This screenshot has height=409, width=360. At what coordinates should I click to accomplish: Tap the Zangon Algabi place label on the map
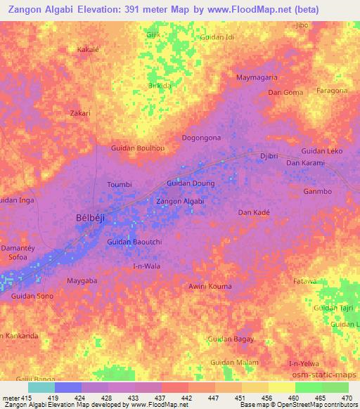tap(180, 202)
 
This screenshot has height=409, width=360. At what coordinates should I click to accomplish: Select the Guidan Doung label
tap(190, 183)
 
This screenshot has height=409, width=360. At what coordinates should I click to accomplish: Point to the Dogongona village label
tap(202, 138)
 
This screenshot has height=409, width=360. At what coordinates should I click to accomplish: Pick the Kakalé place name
tap(88, 51)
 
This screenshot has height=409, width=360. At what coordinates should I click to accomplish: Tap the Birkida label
tap(160, 86)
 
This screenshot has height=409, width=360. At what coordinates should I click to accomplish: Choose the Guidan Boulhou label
tap(138, 148)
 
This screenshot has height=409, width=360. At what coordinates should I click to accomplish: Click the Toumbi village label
tap(120, 185)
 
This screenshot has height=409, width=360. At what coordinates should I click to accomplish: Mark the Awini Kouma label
tap(210, 286)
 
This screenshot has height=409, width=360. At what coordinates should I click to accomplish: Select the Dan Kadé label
tap(254, 212)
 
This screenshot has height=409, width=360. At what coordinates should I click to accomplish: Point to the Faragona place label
tap(332, 91)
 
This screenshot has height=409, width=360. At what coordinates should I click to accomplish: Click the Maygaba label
tap(81, 281)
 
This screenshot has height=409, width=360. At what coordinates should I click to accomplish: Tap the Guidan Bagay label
tap(231, 339)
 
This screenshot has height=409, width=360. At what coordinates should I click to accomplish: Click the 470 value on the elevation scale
tap(347, 398)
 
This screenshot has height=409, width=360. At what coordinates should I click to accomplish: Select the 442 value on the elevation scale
tap(186, 398)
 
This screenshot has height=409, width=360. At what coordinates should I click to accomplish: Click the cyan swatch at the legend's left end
tap(41, 387)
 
